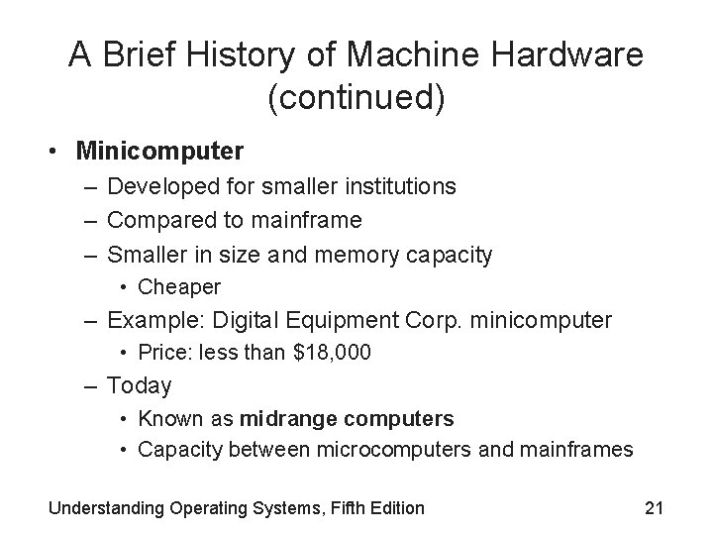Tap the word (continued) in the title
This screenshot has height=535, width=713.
pyautogui.click(x=356, y=97)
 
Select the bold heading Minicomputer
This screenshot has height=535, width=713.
pyautogui.click(x=158, y=153)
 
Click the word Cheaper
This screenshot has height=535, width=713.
pyautogui.click(x=179, y=287)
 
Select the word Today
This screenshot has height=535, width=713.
pyautogui.click(x=139, y=385)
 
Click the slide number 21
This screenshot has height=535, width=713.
pyautogui.click(x=653, y=508)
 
